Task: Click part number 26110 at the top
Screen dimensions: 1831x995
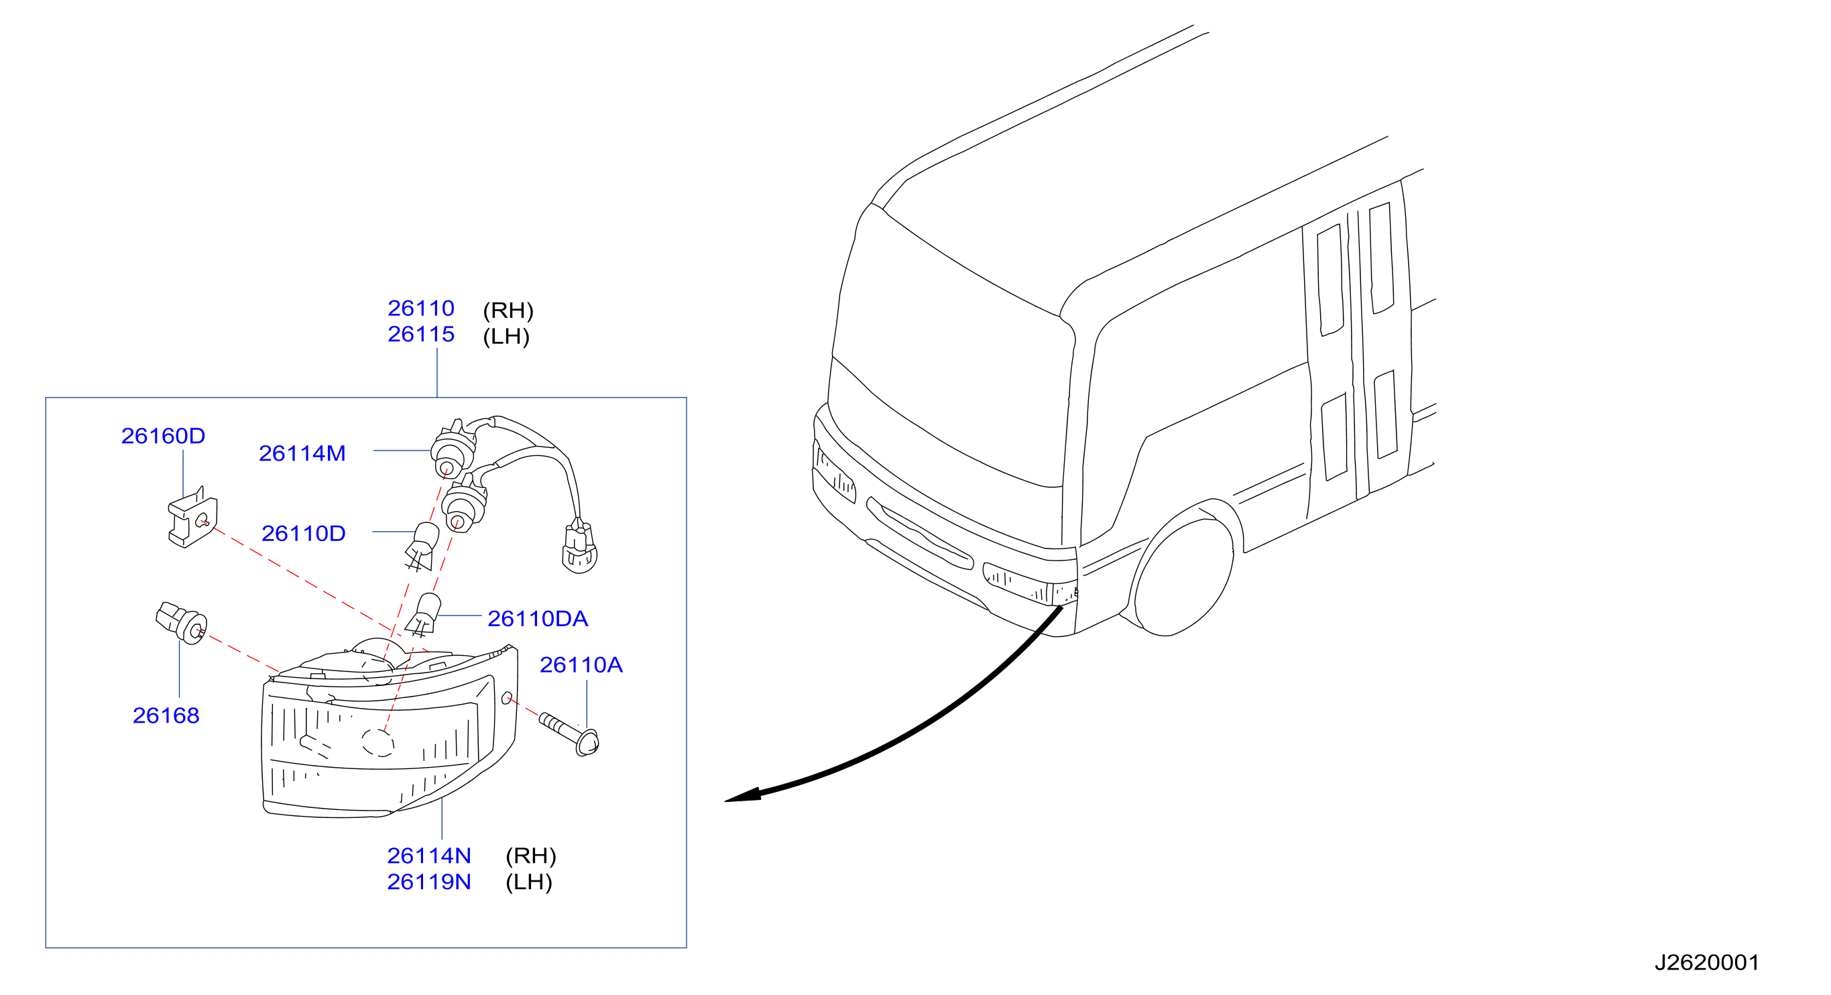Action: coord(421,308)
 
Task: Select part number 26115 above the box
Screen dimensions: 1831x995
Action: coord(421,334)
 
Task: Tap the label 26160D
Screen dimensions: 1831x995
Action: coord(163,436)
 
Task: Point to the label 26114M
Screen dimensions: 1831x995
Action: coord(302,453)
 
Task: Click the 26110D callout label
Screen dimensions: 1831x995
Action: coord(304,533)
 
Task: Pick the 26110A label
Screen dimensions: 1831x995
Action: coord(581,664)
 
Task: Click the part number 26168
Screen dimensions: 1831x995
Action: coord(166,715)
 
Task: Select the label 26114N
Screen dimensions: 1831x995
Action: coord(428,855)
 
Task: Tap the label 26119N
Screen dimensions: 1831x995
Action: coord(428,881)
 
